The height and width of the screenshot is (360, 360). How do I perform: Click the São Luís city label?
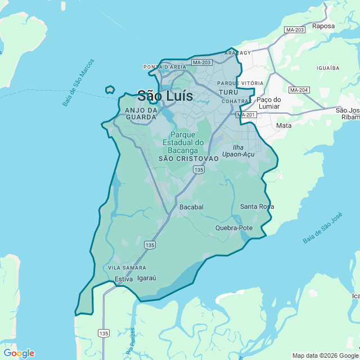tap(165, 96)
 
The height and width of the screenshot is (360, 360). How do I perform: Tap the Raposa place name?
tap(323, 26)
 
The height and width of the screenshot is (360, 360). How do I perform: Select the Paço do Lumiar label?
tap(272, 103)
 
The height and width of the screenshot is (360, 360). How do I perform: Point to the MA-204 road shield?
tap(299, 90)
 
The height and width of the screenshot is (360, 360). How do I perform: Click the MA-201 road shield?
tap(246, 115)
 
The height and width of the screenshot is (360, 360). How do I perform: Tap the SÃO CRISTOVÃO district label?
tap(188, 159)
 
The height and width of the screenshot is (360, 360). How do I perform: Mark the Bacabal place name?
tap(191, 207)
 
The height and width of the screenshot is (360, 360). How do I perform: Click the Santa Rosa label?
tap(257, 206)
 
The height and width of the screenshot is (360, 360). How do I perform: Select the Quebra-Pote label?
tap(234, 228)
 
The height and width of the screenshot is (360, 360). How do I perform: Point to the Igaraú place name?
tap(146, 278)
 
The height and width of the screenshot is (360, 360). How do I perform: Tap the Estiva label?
tap(123, 279)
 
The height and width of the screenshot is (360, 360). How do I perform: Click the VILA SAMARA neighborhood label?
tap(127, 268)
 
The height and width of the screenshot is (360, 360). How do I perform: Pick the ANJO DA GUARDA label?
tap(141, 113)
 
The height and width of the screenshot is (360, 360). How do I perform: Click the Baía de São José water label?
tap(322, 228)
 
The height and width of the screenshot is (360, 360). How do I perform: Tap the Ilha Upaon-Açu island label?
tap(238, 151)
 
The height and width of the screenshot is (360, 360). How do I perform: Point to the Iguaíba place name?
tap(328, 67)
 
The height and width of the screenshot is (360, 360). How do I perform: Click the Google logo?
tap(19, 353)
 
